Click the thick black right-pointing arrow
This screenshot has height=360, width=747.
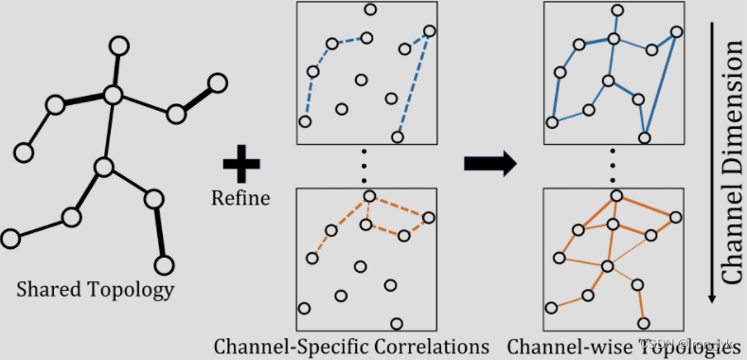(x=489, y=164)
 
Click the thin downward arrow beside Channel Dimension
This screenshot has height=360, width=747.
(x=710, y=161)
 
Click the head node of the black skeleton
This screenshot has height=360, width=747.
(x=118, y=45)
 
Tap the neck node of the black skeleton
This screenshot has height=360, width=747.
(x=114, y=95)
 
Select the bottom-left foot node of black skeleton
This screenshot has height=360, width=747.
(x=10, y=237)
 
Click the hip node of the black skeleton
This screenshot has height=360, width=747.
(x=103, y=168)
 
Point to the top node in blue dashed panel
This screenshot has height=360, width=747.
(x=370, y=10)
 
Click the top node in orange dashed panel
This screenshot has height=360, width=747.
(x=370, y=196)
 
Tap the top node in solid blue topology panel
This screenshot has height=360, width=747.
(x=618, y=10)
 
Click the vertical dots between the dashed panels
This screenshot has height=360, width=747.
(x=365, y=167)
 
